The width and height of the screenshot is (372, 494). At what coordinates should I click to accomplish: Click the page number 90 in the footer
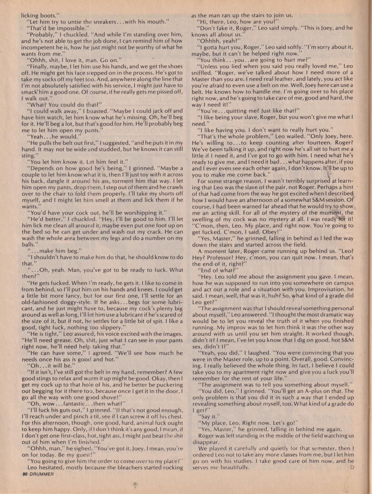pos(25,474)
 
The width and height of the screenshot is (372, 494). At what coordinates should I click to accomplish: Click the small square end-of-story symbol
pos(352,467)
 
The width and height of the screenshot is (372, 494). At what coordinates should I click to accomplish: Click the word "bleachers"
pos(134,468)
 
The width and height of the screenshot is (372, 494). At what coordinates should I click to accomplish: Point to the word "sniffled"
pos(204,73)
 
